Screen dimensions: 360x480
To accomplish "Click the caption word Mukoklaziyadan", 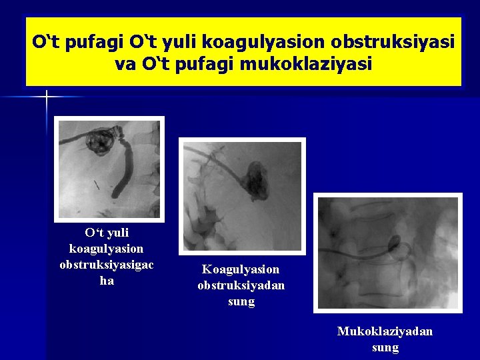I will (x=385, y=331).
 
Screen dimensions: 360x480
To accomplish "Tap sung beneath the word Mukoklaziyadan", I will (x=385, y=347).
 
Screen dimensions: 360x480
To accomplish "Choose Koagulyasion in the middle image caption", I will (x=241, y=269).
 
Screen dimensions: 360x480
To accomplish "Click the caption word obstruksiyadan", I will (x=241, y=285).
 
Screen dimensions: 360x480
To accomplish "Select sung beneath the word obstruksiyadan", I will (x=241, y=301).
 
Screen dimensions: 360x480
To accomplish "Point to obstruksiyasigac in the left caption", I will (x=107, y=265).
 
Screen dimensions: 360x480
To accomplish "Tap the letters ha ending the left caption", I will (x=107, y=281).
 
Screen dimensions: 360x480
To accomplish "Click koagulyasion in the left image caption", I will (x=107, y=249).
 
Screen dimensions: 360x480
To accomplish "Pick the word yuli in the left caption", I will (x=116, y=233).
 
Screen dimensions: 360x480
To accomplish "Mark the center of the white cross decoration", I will (x=47, y=97).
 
